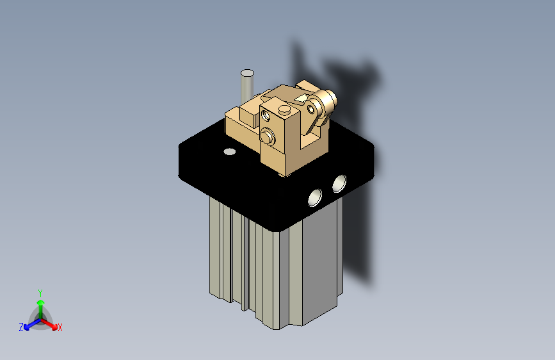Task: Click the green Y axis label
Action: [x=40, y=291]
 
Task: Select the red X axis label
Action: [x=60, y=328]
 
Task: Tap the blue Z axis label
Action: [x=21, y=327]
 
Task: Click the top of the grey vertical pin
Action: [x=246, y=73]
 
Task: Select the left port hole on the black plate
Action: [x=316, y=197]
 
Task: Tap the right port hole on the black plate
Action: [x=339, y=184]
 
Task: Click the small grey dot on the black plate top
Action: [x=229, y=152]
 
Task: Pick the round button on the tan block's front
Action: [x=268, y=136]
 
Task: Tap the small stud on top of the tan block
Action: [x=284, y=110]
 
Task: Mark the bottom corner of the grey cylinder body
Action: [x=277, y=329]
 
